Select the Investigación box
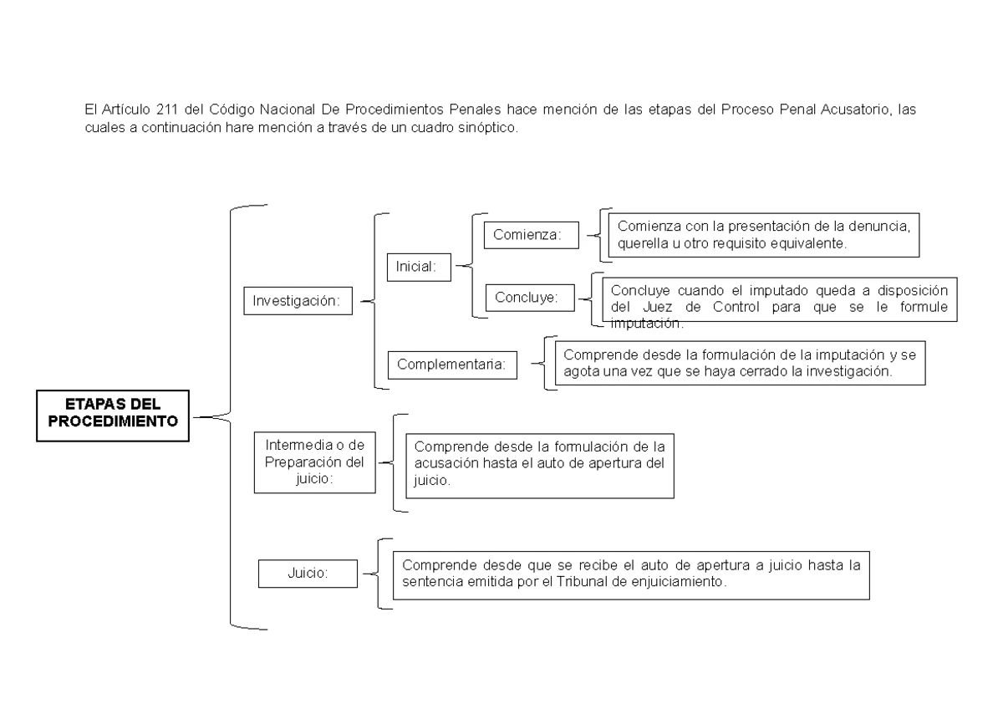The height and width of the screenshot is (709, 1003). pyautogui.click(x=297, y=302)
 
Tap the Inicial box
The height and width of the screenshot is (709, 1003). pyautogui.click(x=417, y=267)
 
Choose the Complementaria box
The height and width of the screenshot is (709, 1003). pyautogui.click(x=452, y=365)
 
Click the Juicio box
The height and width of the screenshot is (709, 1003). pyautogui.click(x=308, y=574)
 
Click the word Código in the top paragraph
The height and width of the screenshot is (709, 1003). pyautogui.click(x=232, y=110)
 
